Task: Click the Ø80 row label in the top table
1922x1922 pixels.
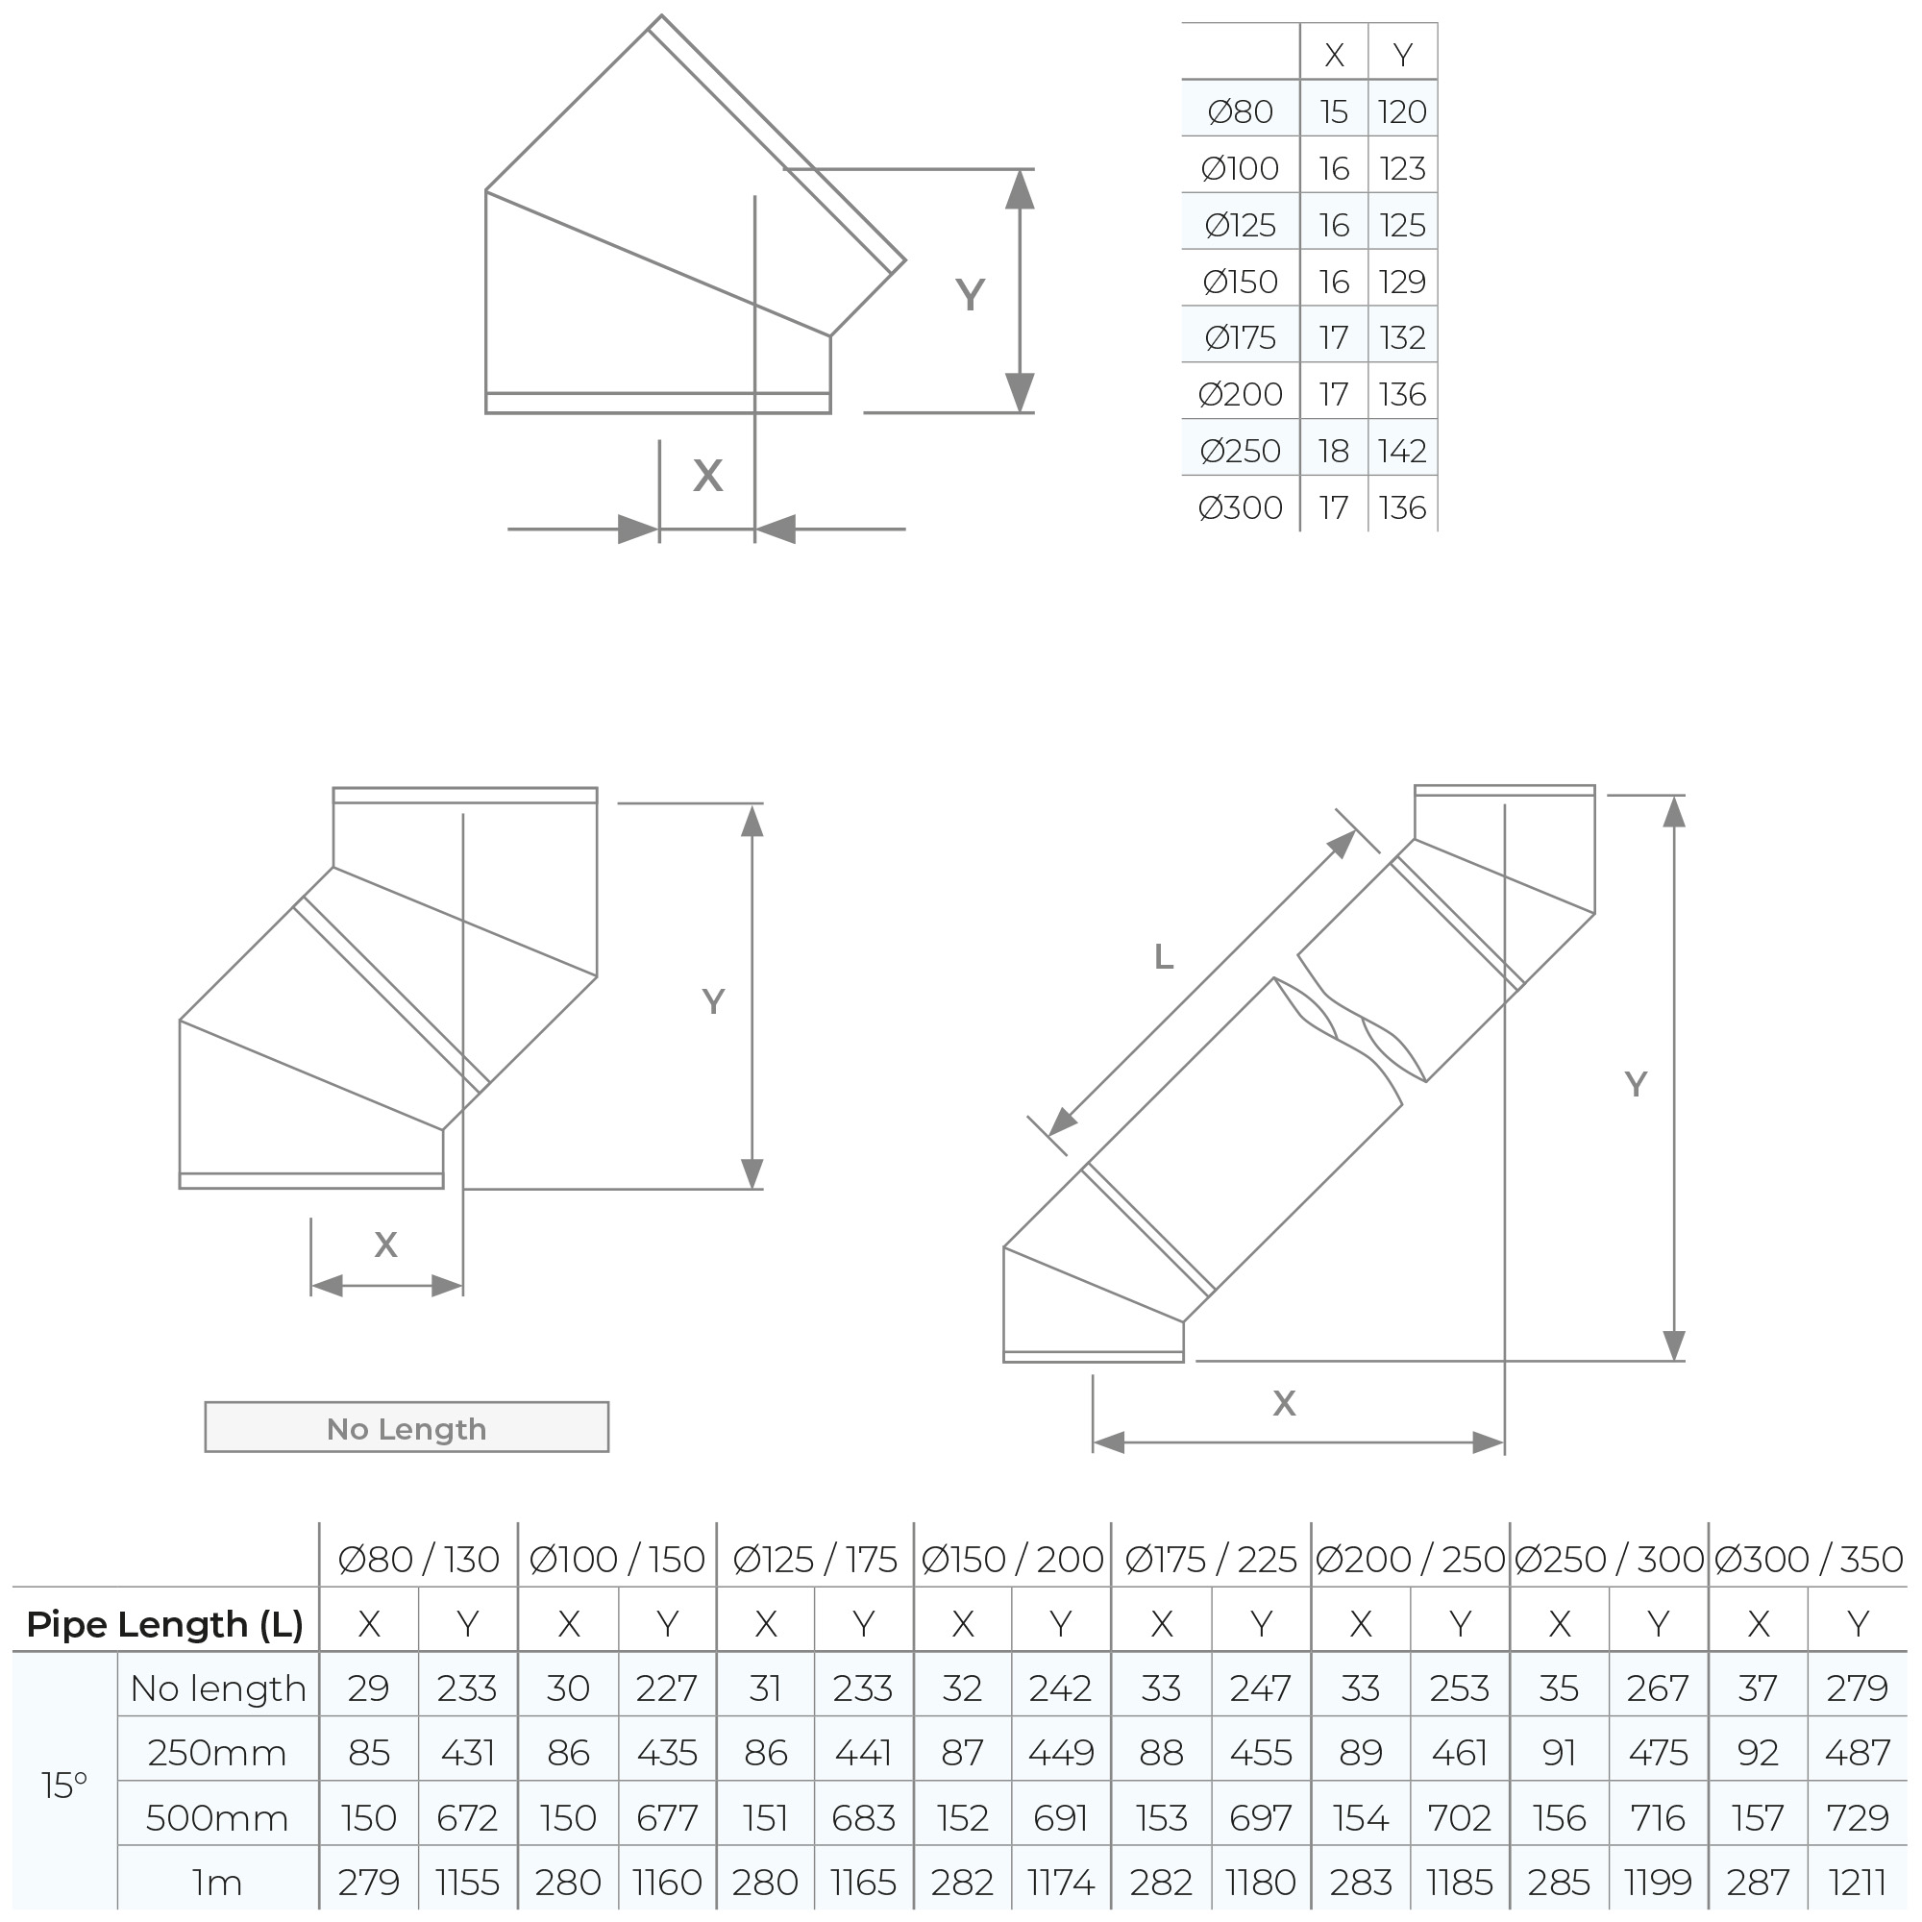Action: point(1240,111)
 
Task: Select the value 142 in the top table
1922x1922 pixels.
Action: point(1402,451)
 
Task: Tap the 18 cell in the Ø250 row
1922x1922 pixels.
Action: point(1333,451)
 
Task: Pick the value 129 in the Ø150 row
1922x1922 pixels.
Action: point(1402,282)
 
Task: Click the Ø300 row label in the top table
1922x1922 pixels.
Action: point(1240,507)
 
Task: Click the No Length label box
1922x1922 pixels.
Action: point(406,1429)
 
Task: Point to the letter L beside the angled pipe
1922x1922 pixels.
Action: point(1163,957)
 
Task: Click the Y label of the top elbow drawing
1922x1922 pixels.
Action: point(969,294)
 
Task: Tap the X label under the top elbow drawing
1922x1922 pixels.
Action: point(707,476)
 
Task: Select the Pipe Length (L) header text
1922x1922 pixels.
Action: point(164,1623)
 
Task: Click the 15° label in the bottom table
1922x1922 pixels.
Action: point(64,1786)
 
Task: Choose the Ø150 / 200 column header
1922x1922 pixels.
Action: point(1012,1559)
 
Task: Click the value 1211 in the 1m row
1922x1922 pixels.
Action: point(1857,1883)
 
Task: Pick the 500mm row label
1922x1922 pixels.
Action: point(217,1817)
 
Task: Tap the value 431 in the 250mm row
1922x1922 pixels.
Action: point(467,1752)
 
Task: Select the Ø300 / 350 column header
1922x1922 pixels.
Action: point(1808,1559)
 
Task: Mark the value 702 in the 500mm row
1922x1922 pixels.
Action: point(1459,1817)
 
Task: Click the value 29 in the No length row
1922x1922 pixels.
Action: point(368,1688)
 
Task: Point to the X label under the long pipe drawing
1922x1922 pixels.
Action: point(1283,1403)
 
